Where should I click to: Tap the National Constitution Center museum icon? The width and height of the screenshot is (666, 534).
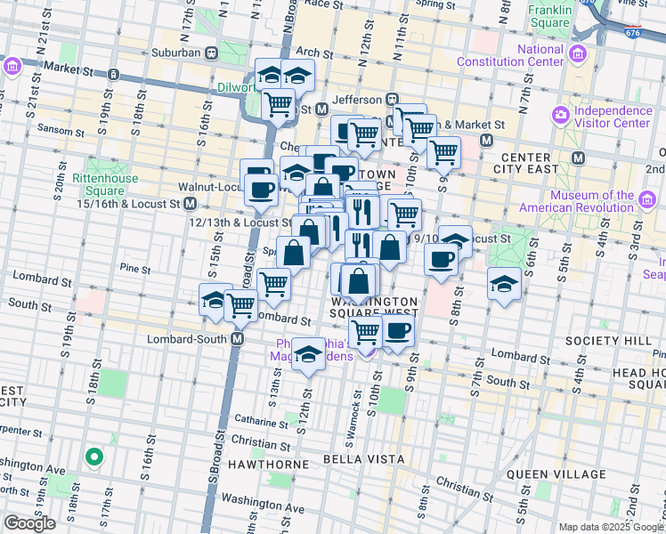click(x=577, y=56)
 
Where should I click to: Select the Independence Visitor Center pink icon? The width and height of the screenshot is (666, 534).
click(x=561, y=116)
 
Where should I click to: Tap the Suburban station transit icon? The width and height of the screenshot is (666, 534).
click(x=211, y=53)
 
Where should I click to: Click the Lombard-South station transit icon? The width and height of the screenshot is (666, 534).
click(x=238, y=338)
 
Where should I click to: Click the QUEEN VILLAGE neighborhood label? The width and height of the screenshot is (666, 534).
click(x=547, y=474)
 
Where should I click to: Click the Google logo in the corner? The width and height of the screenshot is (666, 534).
click(x=29, y=523)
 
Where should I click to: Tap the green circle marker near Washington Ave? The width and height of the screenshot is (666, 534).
click(x=93, y=457)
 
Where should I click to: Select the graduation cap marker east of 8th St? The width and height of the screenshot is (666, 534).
click(x=504, y=285)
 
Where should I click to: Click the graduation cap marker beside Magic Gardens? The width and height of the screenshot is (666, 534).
click(x=307, y=355)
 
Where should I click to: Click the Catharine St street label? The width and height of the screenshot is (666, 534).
click(x=258, y=418)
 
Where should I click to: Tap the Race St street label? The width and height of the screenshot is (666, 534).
click(x=322, y=4)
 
